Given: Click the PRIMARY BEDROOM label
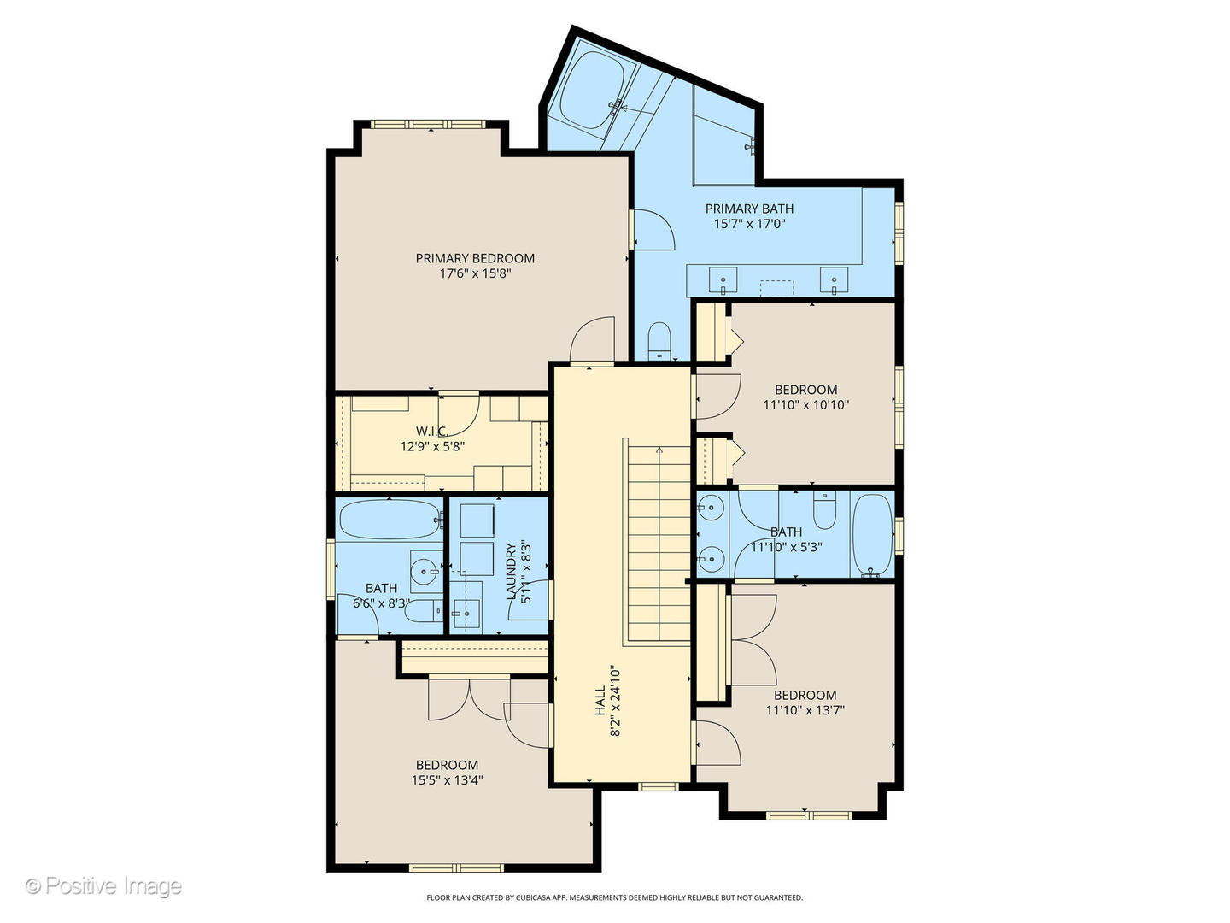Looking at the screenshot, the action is [475, 258].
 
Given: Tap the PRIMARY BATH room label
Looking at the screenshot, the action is [749, 209].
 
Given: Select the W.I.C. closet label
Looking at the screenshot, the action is [432, 431].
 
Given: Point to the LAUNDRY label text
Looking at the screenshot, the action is [511, 571].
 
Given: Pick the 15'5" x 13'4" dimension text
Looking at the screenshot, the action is [448, 780].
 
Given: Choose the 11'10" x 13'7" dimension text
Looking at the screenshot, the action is [805, 710].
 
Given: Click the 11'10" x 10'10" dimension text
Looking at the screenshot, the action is [805, 404].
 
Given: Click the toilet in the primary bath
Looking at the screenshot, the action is [659, 340].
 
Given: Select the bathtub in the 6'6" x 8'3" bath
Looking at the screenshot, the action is [390, 520].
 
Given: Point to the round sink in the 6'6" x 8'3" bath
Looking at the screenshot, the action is [425, 572].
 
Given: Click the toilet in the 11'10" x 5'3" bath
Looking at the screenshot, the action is [824, 509].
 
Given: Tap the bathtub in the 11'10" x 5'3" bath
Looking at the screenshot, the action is [872, 535].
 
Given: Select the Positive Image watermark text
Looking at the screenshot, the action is [103, 885].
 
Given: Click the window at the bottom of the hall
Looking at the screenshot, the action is [659, 787].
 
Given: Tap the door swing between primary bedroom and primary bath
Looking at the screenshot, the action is [654, 230].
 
